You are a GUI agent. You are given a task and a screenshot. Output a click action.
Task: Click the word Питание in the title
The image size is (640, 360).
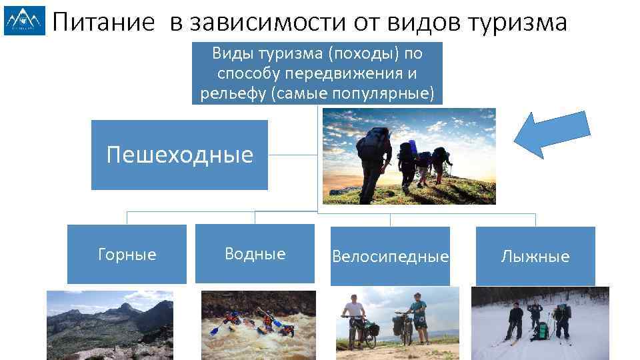(x=105, y=23)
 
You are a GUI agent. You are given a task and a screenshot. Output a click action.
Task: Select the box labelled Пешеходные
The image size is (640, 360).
(x=179, y=155)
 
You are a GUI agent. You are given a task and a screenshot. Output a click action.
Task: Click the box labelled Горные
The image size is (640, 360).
(x=127, y=254)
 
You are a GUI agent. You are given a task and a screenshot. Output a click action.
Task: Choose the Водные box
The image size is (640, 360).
(x=255, y=253)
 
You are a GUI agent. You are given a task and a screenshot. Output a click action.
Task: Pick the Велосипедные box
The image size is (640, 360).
(x=390, y=256)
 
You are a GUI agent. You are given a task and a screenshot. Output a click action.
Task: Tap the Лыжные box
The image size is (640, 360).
(x=535, y=256)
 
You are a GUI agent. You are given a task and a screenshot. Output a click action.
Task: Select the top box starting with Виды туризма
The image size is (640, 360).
(x=317, y=73)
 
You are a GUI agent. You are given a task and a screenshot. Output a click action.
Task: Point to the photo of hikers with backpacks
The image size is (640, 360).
(x=409, y=156)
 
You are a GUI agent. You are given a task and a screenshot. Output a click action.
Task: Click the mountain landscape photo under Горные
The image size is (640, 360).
(x=109, y=325)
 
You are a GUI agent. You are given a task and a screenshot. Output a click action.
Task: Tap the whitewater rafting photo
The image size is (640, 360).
(x=258, y=325)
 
